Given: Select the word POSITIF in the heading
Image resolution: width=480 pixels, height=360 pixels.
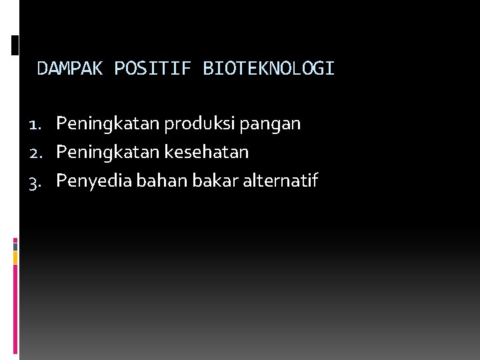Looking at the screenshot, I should (153, 69).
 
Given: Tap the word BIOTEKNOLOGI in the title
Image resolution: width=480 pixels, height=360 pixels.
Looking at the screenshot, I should (268, 69).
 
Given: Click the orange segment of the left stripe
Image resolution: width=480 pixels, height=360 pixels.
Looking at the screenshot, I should (15, 258).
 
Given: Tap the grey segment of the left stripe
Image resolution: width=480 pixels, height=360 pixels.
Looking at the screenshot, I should (15, 246).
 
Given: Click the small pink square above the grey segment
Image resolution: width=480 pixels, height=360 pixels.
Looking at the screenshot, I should (15, 239).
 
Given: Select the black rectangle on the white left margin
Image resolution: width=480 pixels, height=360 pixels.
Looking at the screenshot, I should (15, 45).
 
